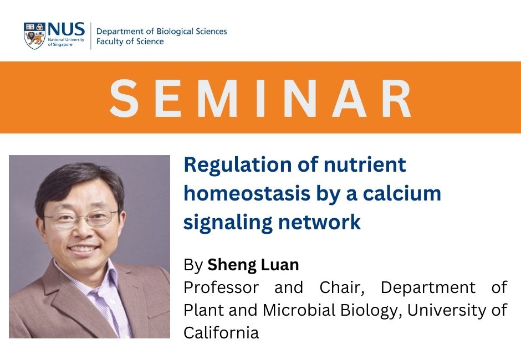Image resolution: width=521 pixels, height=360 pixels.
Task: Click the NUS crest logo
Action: (x=34, y=35)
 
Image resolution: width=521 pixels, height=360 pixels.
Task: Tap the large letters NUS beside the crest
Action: (x=66, y=30)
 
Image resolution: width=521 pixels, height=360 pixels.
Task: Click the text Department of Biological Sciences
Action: (x=161, y=31)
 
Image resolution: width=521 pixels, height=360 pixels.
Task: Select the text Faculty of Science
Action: (x=130, y=42)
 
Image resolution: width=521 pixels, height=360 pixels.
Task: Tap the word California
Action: (x=221, y=332)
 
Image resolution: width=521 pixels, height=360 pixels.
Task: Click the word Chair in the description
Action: (x=340, y=288)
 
